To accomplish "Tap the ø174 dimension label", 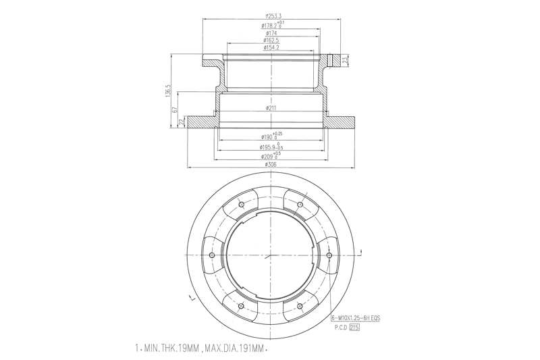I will tap(272, 32).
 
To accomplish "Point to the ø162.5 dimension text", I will tap(272, 41).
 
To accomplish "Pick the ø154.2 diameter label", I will tap(272, 49).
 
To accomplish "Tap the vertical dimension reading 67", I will tap(175, 109).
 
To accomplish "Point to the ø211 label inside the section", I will tap(272, 108).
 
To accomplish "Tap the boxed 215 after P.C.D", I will tap(354, 327).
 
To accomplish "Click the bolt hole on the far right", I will tap(329, 257).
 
